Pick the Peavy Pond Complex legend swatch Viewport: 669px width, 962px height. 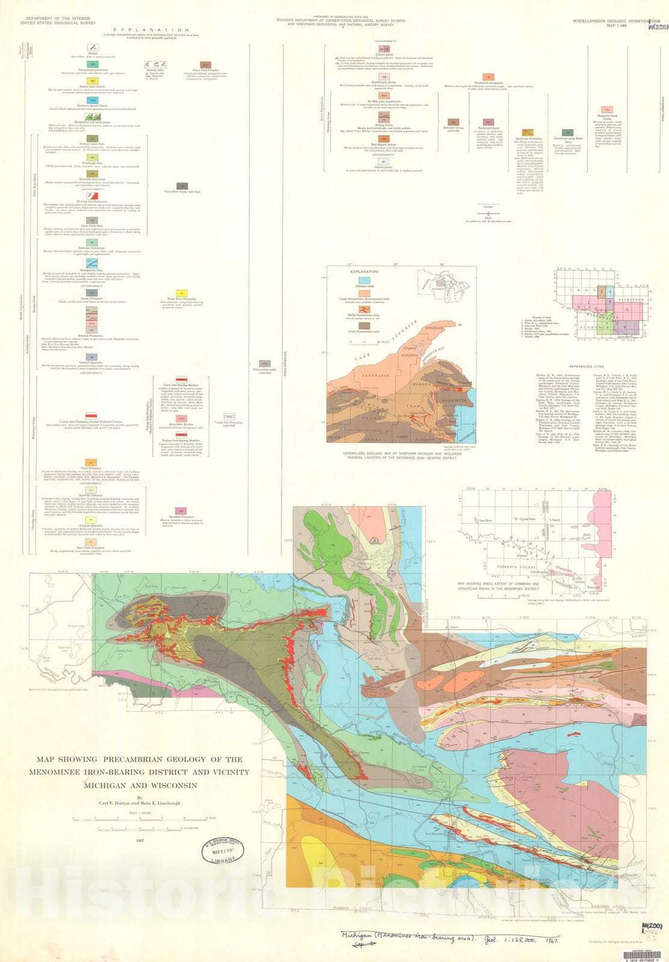(205, 64)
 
